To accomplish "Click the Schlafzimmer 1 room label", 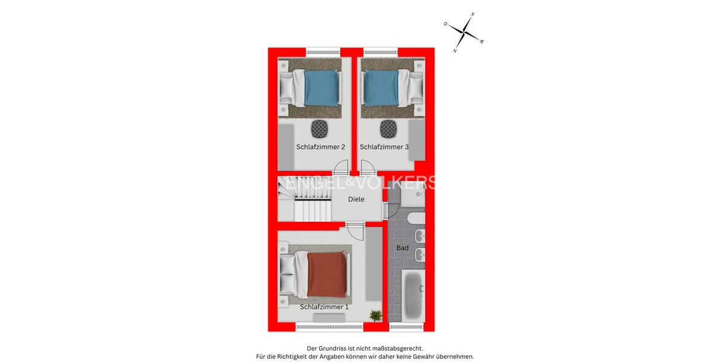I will click(x=324, y=306).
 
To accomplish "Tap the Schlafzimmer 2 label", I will click(x=320, y=147).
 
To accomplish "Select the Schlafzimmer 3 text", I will click(x=384, y=147).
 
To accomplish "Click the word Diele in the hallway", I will click(x=356, y=199).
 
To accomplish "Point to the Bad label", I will click(x=402, y=248).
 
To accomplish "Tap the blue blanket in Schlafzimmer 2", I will click(x=320, y=88).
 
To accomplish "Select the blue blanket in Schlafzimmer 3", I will click(x=381, y=88).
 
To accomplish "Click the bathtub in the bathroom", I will click(x=414, y=296).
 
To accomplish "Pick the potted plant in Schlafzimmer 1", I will click(x=376, y=315).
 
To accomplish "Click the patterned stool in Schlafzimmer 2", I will click(x=319, y=128).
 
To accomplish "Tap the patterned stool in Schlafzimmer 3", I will click(x=387, y=128).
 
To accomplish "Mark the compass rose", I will click(x=464, y=31).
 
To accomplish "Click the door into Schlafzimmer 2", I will click(x=341, y=168).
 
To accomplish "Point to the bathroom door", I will click(x=390, y=210).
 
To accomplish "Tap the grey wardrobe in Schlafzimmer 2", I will click(x=285, y=147).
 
